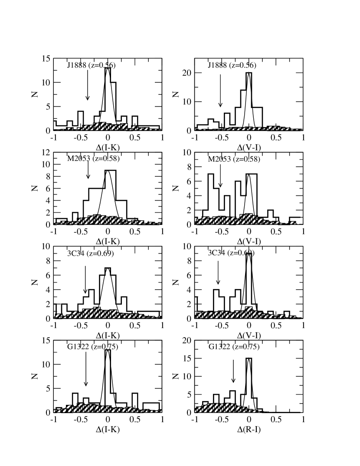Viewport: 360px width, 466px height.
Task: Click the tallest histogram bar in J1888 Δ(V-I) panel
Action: pyautogui.click(x=249, y=100)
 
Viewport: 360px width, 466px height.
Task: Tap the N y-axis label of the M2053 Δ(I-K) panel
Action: pyautogui.click(x=38, y=188)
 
